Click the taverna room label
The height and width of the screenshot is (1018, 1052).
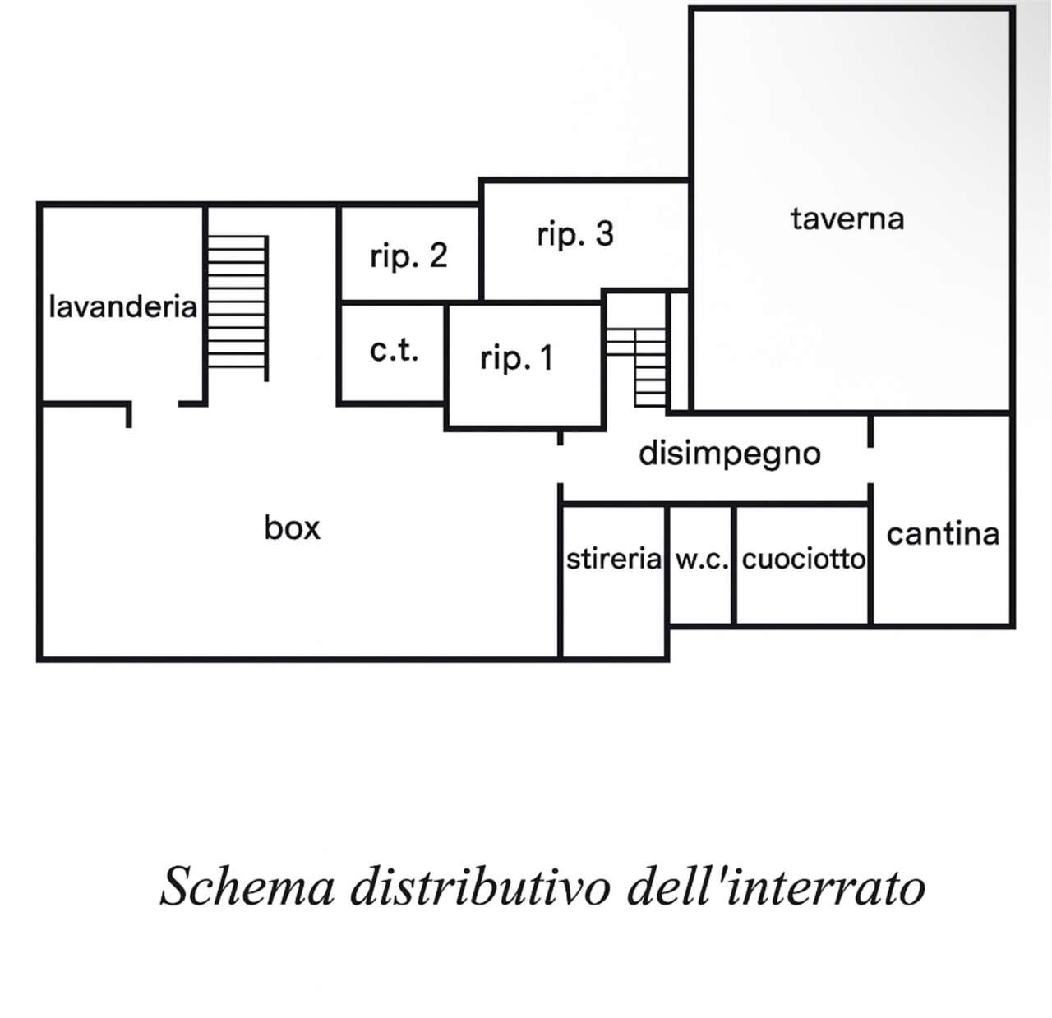click(847, 219)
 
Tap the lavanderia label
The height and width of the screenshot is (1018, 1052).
click(122, 307)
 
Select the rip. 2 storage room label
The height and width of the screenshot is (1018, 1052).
click(408, 256)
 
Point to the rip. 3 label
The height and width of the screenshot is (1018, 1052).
click(574, 235)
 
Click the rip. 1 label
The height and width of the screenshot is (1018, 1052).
click(516, 358)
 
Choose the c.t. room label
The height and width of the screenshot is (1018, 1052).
click(394, 351)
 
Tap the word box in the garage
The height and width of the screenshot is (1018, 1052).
click(292, 527)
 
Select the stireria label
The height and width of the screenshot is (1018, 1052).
click(613, 560)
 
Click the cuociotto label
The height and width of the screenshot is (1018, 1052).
click(803, 560)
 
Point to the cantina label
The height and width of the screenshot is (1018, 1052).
click(943, 535)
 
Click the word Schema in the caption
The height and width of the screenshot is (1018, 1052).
click(247, 887)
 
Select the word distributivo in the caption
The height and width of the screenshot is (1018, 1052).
click(481, 887)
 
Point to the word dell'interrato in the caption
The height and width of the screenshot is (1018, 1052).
click(776, 887)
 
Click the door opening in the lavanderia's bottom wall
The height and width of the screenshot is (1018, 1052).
click(155, 404)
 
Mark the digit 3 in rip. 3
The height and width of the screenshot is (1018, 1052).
click(604, 235)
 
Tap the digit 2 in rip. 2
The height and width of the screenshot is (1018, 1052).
click(438, 256)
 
